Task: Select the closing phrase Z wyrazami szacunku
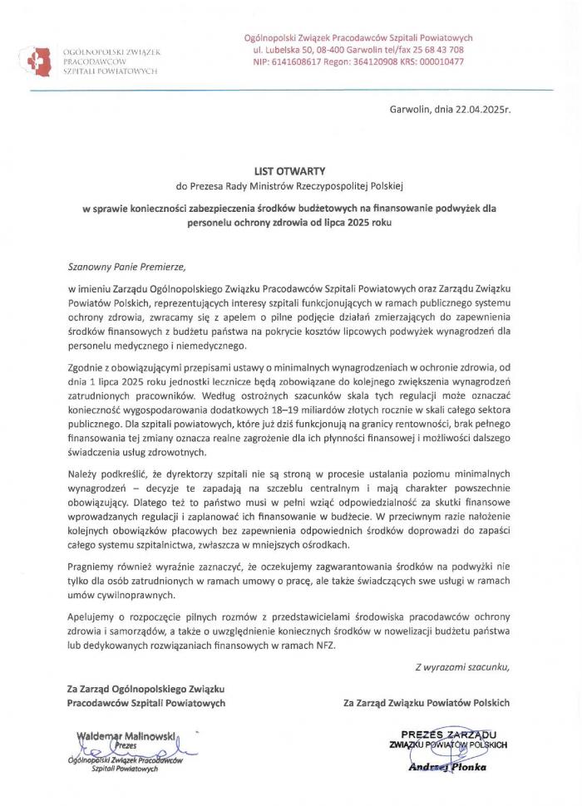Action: point(461,667)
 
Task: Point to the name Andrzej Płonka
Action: point(446,767)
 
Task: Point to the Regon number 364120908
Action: point(379,61)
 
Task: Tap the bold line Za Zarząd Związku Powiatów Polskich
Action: point(427,703)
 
